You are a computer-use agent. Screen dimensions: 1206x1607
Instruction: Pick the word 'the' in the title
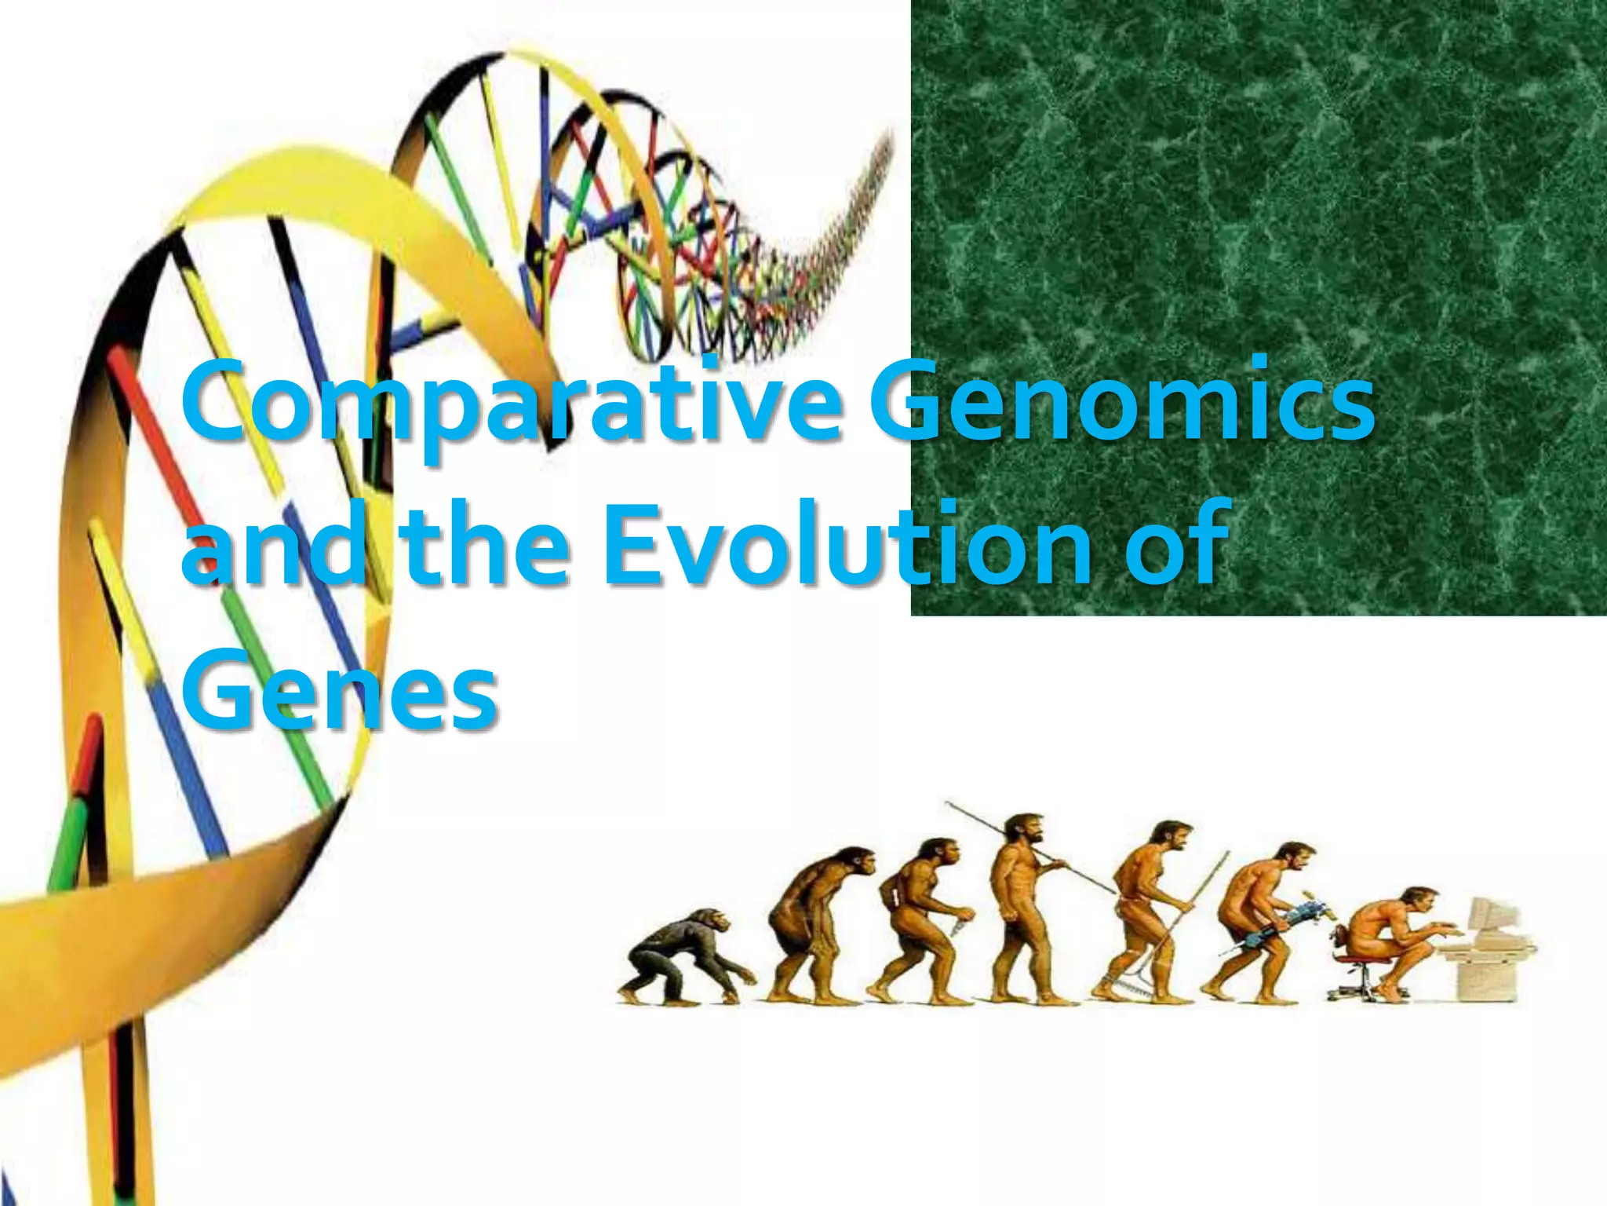[x=483, y=546]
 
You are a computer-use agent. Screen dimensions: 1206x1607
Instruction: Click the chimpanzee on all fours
[x=683, y=954]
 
